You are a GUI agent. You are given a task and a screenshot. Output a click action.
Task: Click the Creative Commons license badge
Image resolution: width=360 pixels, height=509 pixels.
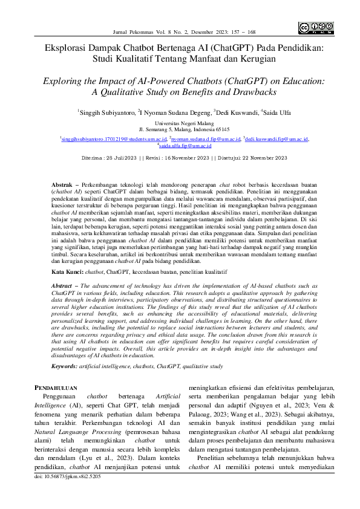pyautogui.click(x=316, y=27)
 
